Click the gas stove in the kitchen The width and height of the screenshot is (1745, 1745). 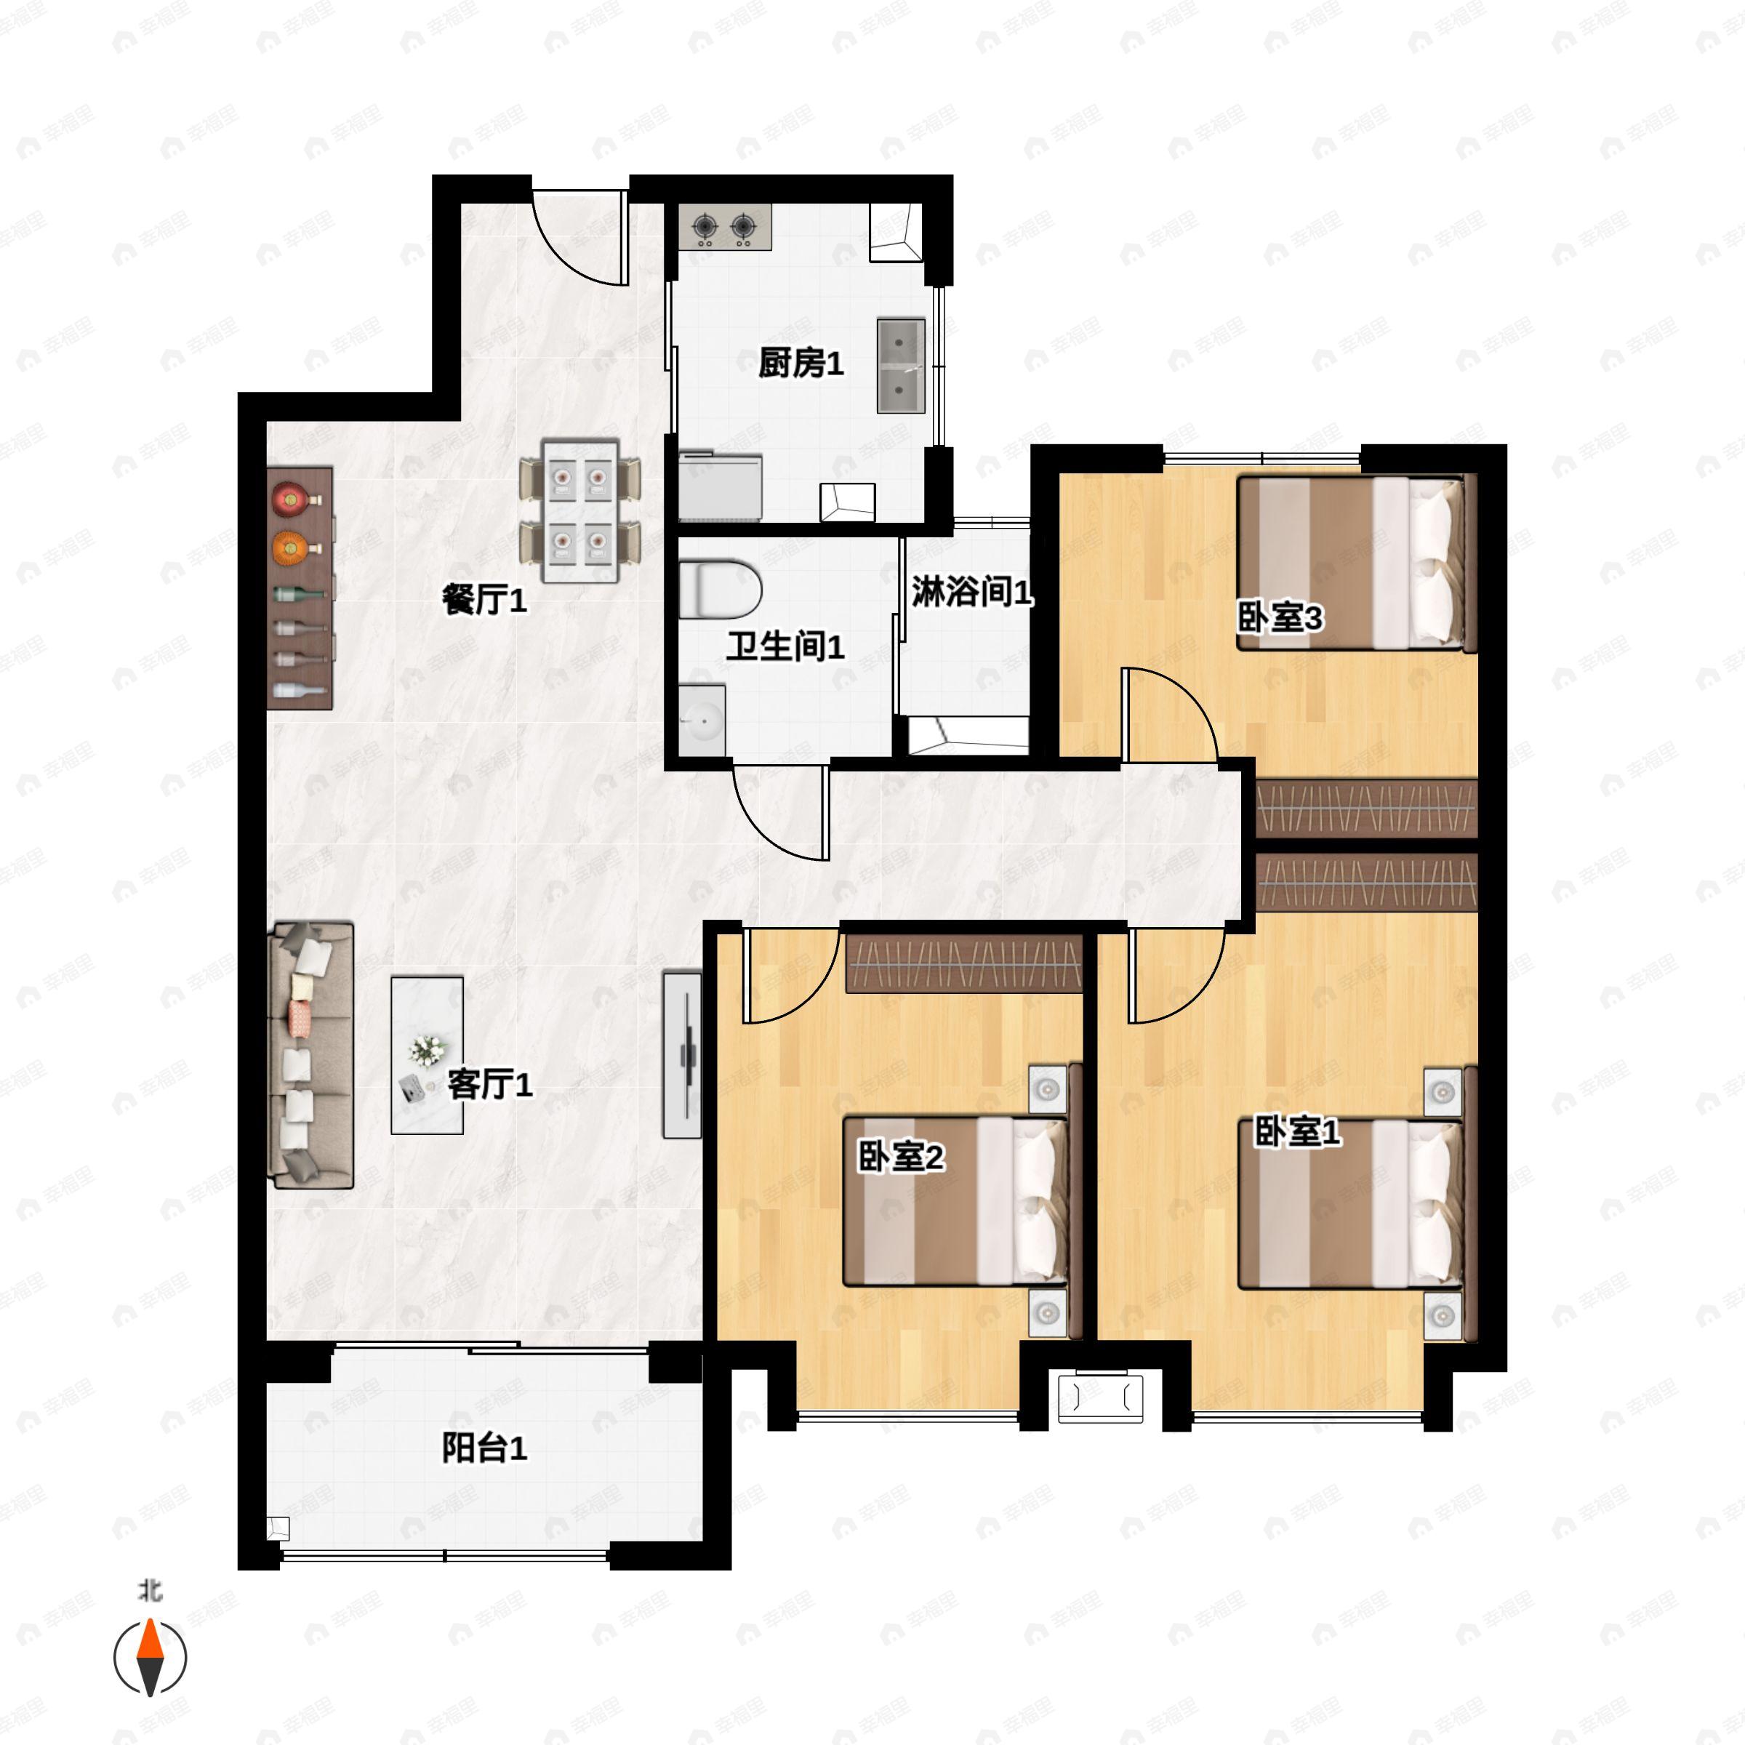pyautogui.click(x=724, y=228)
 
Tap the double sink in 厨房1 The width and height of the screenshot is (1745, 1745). pyautogui.click(x=901, y=365)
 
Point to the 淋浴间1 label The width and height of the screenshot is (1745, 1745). pyautogui.click(x=970, y=593)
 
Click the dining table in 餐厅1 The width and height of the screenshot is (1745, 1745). pyautogui.click(x=580, y=511)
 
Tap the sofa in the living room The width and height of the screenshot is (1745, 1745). pyautogui.click(x=310, y=1054)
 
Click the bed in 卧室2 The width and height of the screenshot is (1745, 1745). pyautogui.click(x=955, y=1201)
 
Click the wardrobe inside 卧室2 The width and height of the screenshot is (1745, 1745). pyautogui.click(x=963, y=963)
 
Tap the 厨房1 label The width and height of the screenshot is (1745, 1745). pyautogui.click(x=801, y=364)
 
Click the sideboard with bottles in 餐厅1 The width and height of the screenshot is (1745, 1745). pyautogui.click(x=301, y=587)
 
